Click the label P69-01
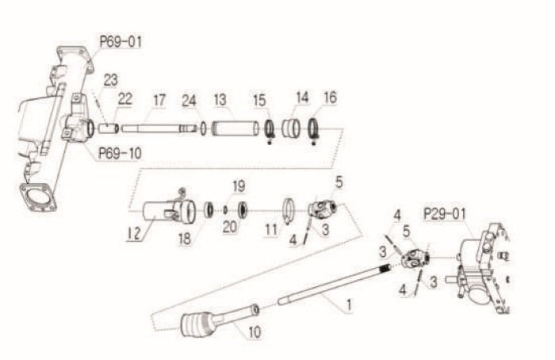pos(121,40)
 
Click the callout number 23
pos(110,79)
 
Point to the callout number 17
pos(159,101)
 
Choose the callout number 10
pos(254,333)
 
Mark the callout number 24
pos(188,101)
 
